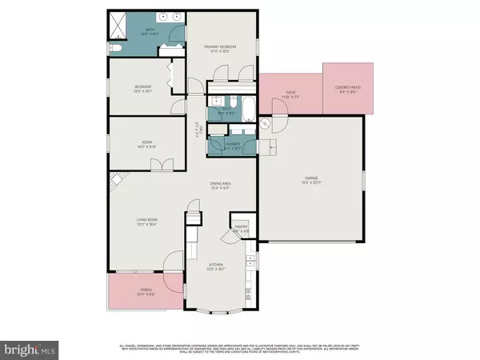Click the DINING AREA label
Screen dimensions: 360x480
[x=221, y=186]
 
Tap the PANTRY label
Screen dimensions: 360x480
[x=241, y=228]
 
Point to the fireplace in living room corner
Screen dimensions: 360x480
[x=116, y=181]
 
